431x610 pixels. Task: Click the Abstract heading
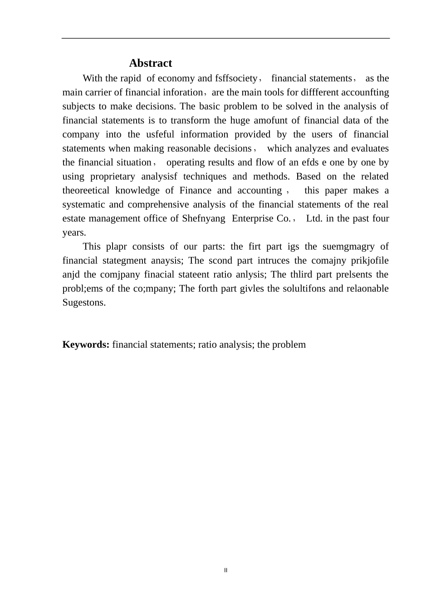tap(150, 63)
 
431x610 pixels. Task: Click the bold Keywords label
tap(85, 344)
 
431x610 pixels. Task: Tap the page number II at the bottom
tap(225, 570)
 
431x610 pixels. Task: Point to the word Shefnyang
tap(203, 219)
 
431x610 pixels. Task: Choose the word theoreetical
tap(86, 191)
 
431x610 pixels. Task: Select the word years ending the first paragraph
tap(74, 233)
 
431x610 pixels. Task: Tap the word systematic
tap(83, 205)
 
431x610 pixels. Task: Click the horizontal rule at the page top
tap(225, 38)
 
